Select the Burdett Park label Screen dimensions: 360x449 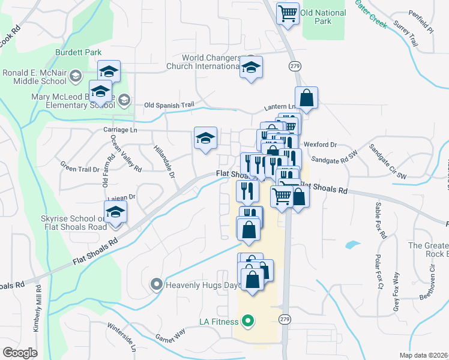click(77, 53)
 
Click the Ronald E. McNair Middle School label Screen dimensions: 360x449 click(34, 76)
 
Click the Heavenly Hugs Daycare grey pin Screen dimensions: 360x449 click(157, 284)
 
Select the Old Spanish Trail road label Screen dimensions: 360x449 click(169, 105)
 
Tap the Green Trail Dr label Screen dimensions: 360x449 click(80, 169)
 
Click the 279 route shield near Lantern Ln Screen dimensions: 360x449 click(294, 65)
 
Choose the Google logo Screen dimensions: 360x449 click(20, 352)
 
